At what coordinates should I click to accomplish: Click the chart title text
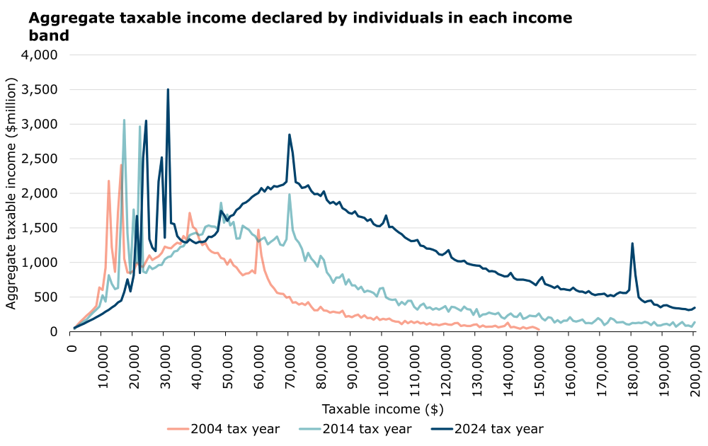coord(290,25)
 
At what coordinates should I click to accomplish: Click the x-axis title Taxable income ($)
coord(382,408)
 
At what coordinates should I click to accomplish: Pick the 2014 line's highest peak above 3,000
coord(124,120)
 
